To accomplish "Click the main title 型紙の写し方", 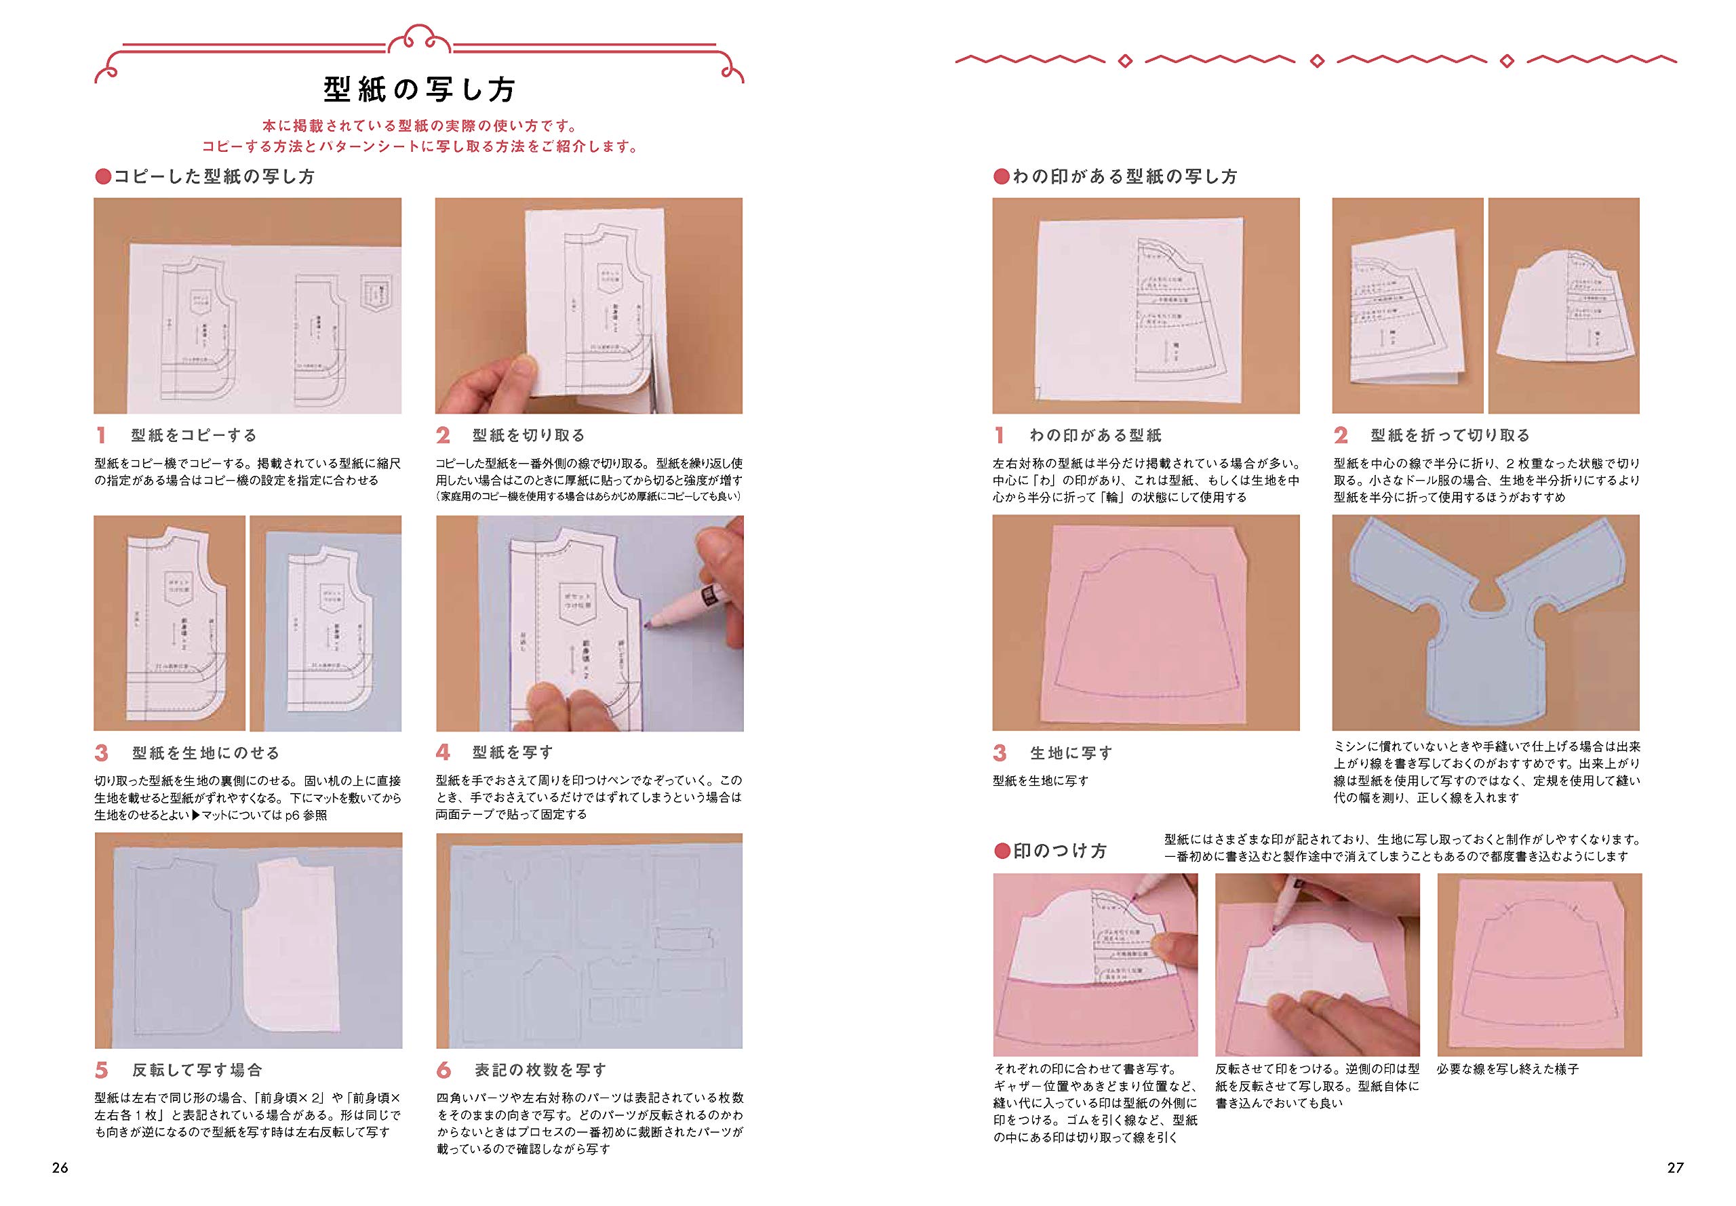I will (x=420, y=90).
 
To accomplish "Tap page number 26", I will (x=60, y=1167).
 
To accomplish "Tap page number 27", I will (x=1675, y=1167).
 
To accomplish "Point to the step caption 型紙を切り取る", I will (x=528, y=435).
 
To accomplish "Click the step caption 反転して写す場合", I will (x=197, y=1070).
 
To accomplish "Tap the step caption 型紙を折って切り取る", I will (x=1450, y=435).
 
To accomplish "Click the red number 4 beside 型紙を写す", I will (x=443, y=752).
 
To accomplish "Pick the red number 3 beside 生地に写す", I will (x=1000, y=752).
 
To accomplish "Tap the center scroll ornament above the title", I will (x=420, y=38).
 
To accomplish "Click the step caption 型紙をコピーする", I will (x=194, y=435).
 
